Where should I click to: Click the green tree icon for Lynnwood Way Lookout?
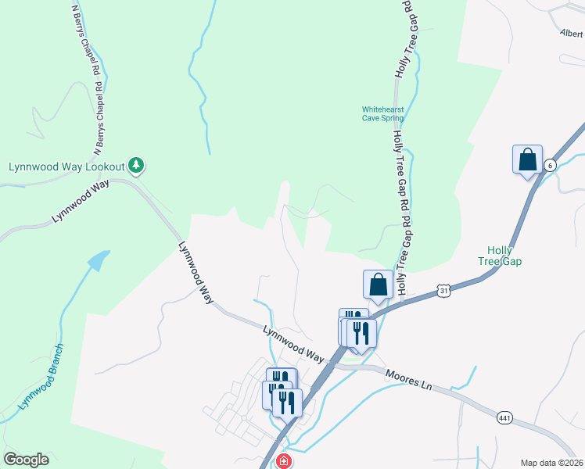(x=137, y=165)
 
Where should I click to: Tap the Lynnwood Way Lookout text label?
(x=66, y=166)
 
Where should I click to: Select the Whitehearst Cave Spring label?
(x=382, y=114)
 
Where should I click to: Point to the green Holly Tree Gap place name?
(x=499, y=256)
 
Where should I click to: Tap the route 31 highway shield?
(x=443, y=290)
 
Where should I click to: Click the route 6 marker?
(x=551, y=165)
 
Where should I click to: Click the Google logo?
(x=26, y=460)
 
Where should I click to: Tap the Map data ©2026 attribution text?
(x=552, y=462)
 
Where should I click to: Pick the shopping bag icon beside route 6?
(x=528, y=159)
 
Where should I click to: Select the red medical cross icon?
(x=282, y=461)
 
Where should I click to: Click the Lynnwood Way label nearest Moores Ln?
(x=293, y=343)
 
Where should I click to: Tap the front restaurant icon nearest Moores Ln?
(x=361, y=333)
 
